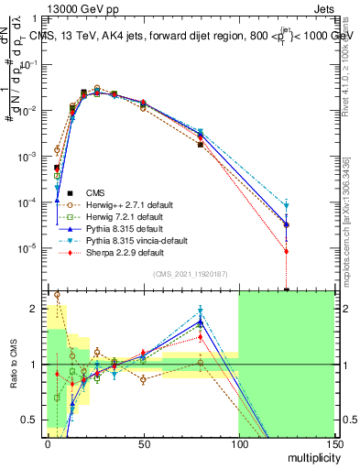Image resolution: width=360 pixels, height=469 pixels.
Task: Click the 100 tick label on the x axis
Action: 238,443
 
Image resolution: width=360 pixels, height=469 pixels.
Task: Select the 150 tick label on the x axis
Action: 333,443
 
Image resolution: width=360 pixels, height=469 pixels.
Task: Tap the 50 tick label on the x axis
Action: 143,443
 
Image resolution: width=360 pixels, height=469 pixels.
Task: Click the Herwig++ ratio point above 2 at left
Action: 58,295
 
